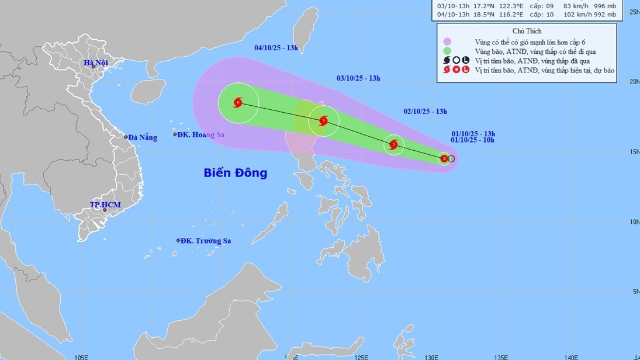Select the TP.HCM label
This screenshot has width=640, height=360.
pos(105,205)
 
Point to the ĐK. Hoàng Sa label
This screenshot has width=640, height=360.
pos(202,134)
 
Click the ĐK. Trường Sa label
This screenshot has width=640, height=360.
pos(205,240)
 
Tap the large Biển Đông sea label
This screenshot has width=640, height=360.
pos(235,172)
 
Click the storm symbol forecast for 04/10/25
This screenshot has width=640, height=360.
pos(238,103)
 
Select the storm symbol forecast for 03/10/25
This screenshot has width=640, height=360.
pos(323,121)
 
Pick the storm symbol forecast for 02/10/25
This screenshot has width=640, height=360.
pos(393,144)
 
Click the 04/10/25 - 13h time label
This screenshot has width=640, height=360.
pos(276,48)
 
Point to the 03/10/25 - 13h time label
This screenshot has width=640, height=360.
pos(359,78)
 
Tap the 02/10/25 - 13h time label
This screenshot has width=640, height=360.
pos(425,111)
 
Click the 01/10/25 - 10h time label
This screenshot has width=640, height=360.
pos(473,140)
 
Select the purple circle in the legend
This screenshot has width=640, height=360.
pos(447,41)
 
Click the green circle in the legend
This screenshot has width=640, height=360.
pos(447,51)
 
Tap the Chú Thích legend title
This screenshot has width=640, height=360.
pos(527,31)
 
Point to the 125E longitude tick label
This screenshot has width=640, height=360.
pos(361,356)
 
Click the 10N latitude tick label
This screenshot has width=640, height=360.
pos(634,222)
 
